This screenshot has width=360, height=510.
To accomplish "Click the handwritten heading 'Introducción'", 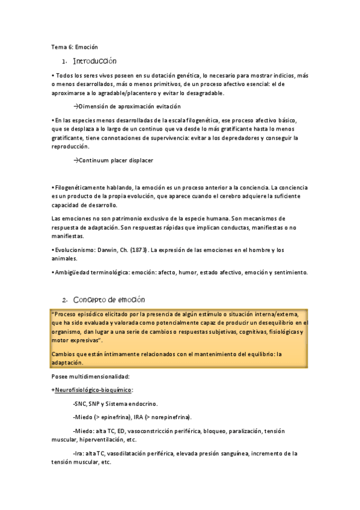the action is [x=94, y=62].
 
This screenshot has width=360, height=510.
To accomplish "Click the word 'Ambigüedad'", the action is [x=73, y=272].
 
